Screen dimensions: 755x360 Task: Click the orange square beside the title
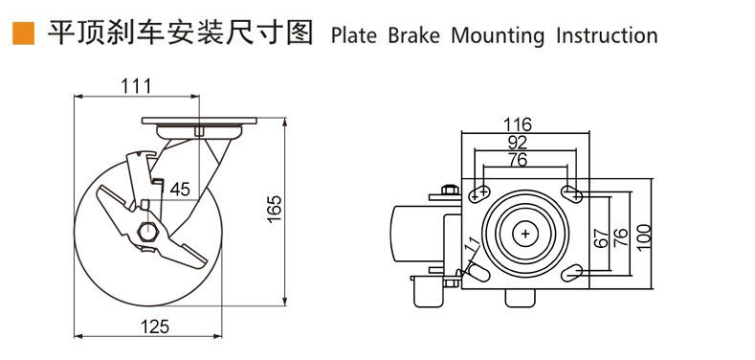click(x=23, y=34)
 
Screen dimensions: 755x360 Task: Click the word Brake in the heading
click(x=414, y=35)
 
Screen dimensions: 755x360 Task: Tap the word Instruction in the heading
click(x=607, y=35)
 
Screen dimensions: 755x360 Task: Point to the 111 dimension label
click(x=136, y=86)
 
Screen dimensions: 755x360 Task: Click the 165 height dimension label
click(x=274, y=209)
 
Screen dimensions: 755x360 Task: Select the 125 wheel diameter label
click(x=155, y=326)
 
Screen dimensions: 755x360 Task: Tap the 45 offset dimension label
click(x=180, y=190)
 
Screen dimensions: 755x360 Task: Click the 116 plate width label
click(x=517, y=124)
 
